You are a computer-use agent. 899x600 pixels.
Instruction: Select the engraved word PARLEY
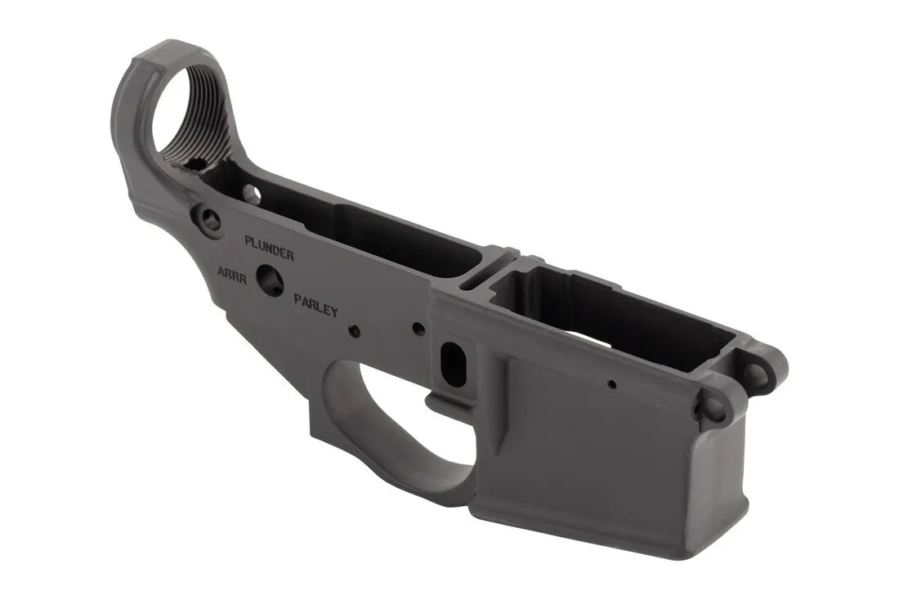point(315,305)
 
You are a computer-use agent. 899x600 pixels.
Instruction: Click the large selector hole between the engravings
point(269,280)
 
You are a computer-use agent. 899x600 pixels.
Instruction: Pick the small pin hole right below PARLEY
point(355,330)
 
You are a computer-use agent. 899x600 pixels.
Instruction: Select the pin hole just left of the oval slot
point(418,329)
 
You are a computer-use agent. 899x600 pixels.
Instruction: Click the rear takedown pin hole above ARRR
point(208,218)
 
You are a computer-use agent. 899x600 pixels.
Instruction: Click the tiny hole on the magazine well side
point(611,382)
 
